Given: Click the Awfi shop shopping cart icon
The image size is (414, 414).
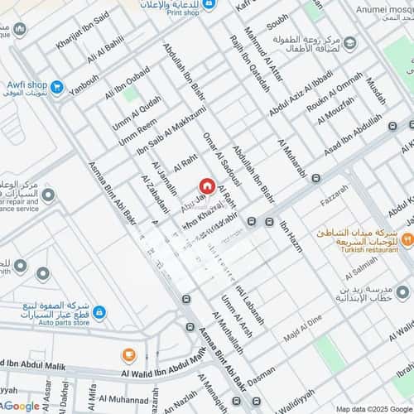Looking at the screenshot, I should [57, 85].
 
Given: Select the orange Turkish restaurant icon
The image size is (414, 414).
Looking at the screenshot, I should [407, 239].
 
